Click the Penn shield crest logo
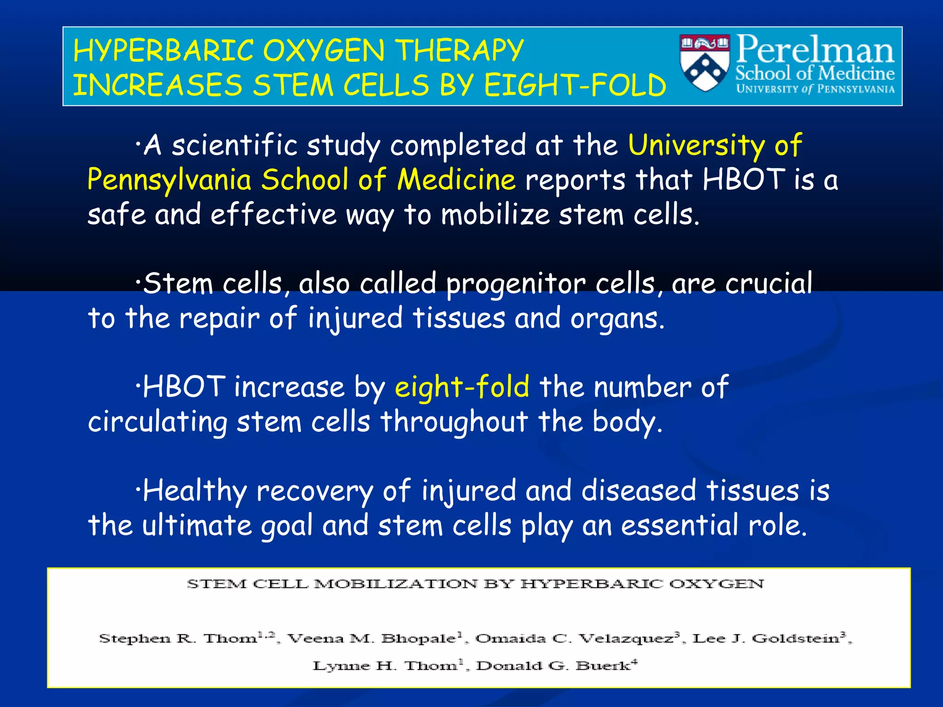pos(704,64)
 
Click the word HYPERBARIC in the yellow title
pos(163,51)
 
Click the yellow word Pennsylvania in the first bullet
pos(169,180)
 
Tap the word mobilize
pos(495,215)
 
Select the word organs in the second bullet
pos(617,319)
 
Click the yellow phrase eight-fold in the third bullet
pos(462,387)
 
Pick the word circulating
pos(157,422)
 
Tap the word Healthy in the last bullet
pos(195,491)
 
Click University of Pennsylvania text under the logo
pos(815,89)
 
